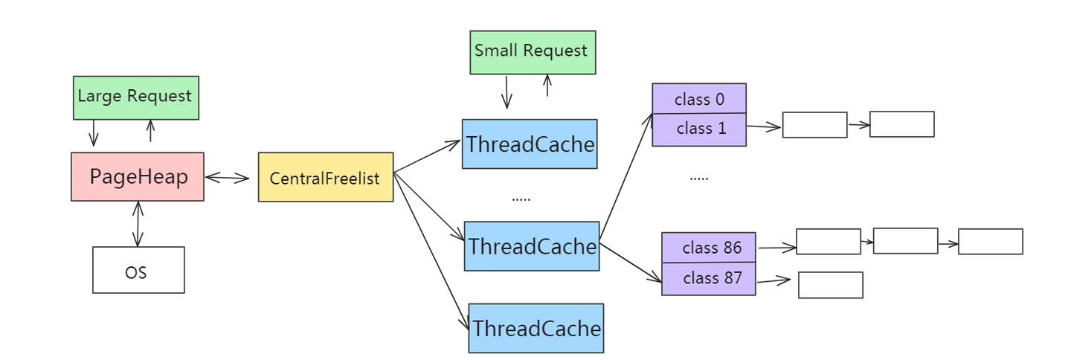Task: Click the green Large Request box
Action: click(x=135, y=97)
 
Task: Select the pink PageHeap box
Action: click(x=138, y=177)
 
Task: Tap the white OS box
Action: click(x=138, y=270)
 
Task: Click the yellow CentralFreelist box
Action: click(x=325, y=179)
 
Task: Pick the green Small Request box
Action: click(x=533, y=52)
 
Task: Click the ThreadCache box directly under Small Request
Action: click(x=529, y=144)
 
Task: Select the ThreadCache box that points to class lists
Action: click(x=532, y=246)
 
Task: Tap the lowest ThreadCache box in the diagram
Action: click(x=535, y=328)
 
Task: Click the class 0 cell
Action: click(x=698, y=99)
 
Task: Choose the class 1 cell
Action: click(x=698, y=129)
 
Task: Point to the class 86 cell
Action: click(x=709, y=248)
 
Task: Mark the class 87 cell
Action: click(x=709, y=279)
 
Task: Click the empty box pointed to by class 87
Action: click(x=830, y=285)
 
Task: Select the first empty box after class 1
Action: click(x=814, y=125)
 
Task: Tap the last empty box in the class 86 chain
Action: click(x=990, y=242)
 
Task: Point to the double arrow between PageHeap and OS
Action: click(x=137, y=224)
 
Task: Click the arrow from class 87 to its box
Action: click(x=773, y=281)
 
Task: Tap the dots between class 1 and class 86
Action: click(x=698, y=179)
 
